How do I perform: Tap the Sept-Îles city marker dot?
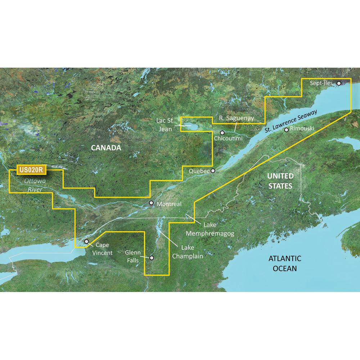tap(339, 84)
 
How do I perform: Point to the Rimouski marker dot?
tap(286, 130)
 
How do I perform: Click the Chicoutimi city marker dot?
tap(222, 132)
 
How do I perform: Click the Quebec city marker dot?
tap(213, 171)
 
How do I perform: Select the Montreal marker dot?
tap(152, 203)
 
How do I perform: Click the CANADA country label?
tap(106, 148)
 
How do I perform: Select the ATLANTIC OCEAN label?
tap(284, 263)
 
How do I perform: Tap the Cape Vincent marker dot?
tap(86, 242)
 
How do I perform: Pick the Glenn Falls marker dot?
tap(152, 258)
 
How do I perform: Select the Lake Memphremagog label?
tap(210, 229)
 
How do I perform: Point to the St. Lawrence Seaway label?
tap(291, 122)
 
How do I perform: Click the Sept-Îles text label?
tap(321, 83)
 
